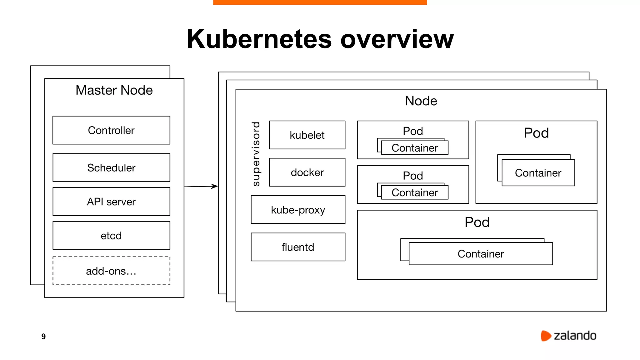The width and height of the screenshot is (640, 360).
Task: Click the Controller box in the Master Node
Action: coord(111,130)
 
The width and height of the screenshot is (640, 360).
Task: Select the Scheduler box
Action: coord(111,167)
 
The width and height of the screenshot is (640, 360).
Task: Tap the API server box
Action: coord(111,202)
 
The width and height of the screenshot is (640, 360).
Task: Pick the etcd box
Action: coord(111,236)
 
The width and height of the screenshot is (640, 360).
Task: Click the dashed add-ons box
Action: coord(111,271)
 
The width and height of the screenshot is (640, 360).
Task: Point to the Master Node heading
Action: coord(114,90)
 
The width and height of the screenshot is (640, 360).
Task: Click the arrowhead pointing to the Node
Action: coord(215,186)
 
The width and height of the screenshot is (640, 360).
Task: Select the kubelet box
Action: coord(307,135)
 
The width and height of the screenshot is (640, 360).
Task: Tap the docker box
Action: coord(307,172)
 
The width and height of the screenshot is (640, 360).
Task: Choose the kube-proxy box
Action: coord(298,210)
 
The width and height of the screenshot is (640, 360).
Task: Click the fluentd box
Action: coord(298,247)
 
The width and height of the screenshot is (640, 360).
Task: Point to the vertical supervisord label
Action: coord(256,154)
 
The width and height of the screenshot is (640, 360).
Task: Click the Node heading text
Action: coord(421,101)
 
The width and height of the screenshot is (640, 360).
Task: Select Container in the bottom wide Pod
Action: coord(481,254)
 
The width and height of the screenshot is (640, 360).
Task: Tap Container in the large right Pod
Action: coord(538,173)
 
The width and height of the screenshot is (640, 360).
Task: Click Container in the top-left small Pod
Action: coord(415,148)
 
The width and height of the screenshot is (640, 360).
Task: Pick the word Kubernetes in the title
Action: coord(259,39)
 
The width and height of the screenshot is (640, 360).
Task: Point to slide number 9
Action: coord(43,336)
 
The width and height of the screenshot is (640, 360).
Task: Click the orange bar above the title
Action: coord(320,2)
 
